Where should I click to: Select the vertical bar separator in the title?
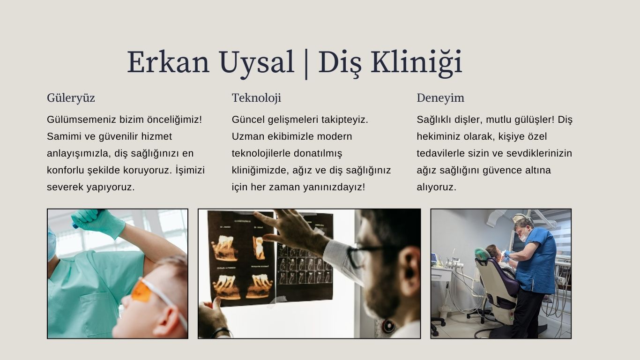click(x=306, y=63)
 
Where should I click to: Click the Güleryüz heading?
click(x=71, y=98)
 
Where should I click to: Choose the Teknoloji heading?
click(x=256, y=98)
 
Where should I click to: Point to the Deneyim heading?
click(x=440, y=98)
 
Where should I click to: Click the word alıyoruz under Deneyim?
click(x=436, y=187)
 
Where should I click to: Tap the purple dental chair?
click(x=497, y=286)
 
